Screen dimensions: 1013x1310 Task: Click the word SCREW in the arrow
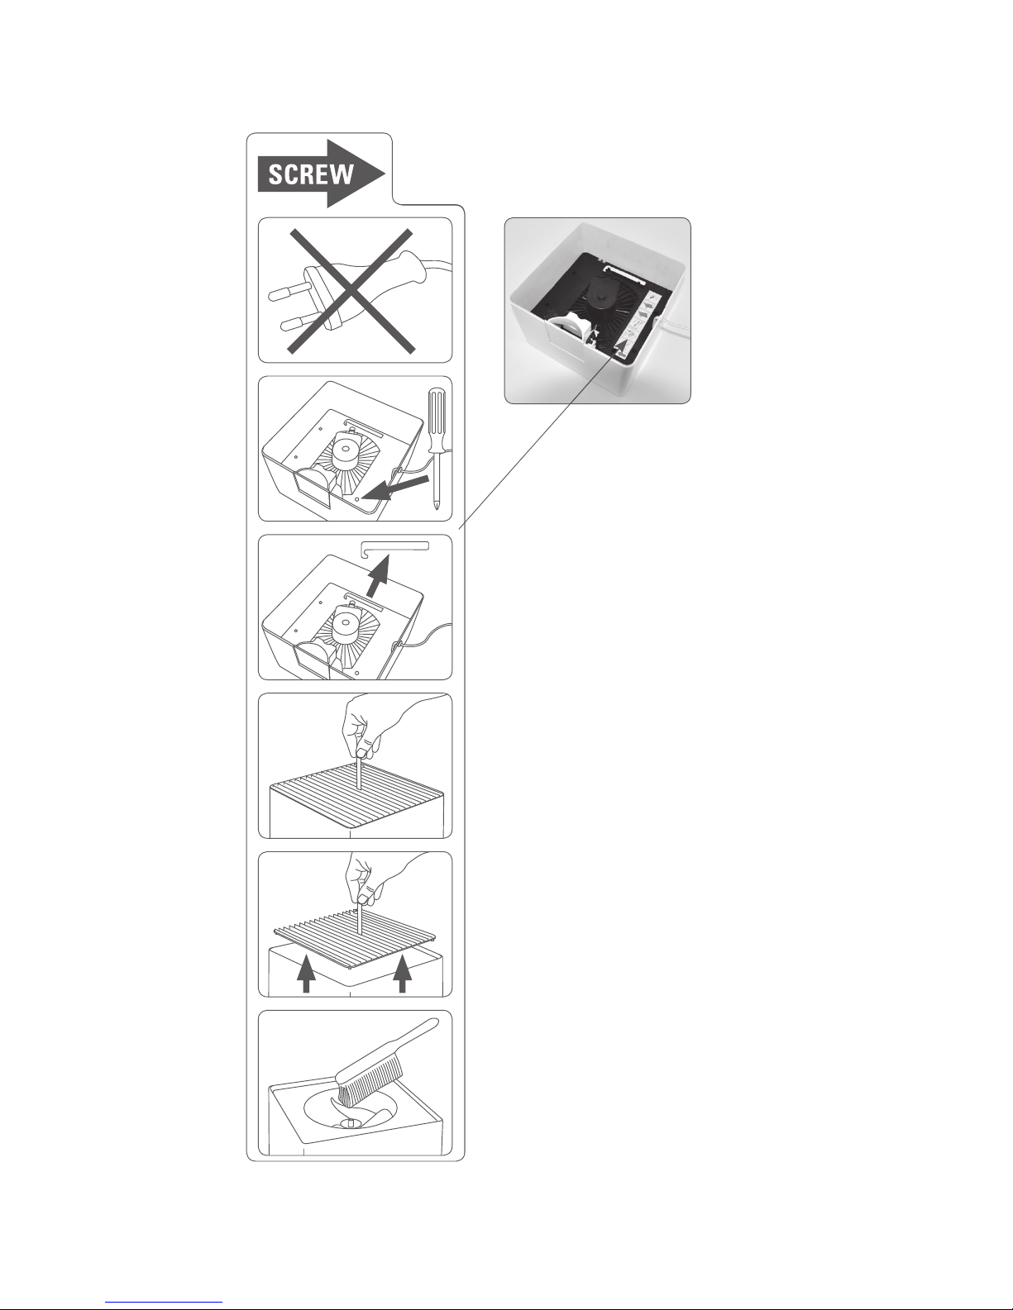click(311, 174)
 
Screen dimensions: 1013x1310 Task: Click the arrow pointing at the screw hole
click(397, 488)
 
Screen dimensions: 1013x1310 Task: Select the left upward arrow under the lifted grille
click(307, 975)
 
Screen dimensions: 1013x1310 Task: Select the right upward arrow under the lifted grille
click(403, 975)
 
